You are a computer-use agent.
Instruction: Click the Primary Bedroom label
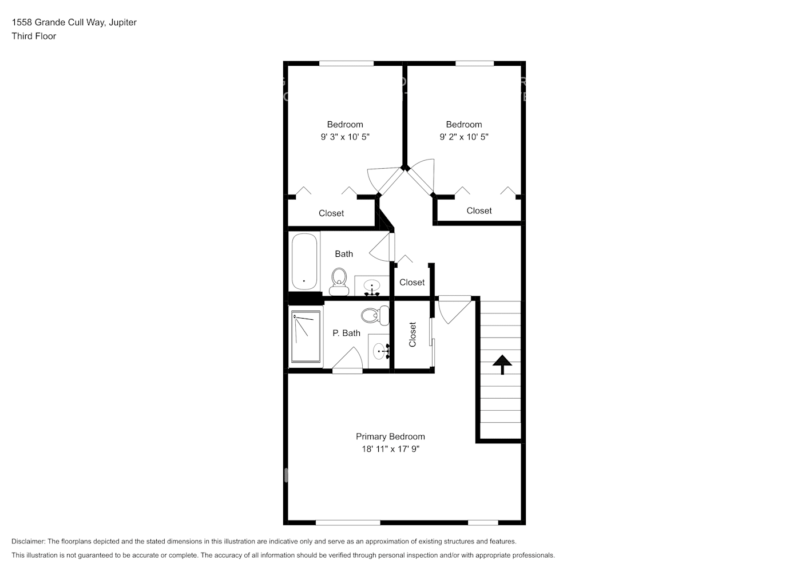click(390, 436)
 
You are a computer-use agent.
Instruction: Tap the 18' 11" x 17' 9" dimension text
click(390, 449)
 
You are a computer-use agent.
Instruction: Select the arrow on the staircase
click(502, 364)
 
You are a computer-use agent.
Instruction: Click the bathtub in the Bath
click(304, 261)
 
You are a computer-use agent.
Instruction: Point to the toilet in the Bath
click(339, 281)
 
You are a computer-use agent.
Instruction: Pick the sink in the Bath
click(372, 286)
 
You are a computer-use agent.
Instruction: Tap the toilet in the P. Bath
click(375, 315)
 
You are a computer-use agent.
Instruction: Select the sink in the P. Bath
click(379, 350)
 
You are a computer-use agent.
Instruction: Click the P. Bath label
click(346, 333)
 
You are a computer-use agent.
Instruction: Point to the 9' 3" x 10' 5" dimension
click(345, 137)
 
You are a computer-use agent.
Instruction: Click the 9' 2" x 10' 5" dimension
click(464, 137)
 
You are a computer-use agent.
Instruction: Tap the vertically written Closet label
click(413, 335)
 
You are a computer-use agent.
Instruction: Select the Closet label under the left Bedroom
click(331, 213)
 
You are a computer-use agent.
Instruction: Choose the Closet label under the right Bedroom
click(479, 210)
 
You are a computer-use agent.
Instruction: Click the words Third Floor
click(34, 36)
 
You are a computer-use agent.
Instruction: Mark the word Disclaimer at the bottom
click(28, 541)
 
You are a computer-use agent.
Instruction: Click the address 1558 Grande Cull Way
click(57, 22)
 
